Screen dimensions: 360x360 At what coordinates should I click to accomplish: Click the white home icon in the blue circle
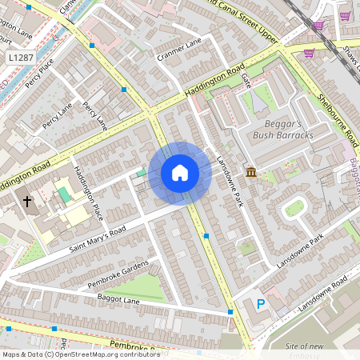[180, 173]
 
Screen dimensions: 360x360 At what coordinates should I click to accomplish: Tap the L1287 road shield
[22, 58]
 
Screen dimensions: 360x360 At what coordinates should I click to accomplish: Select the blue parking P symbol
[260, 304]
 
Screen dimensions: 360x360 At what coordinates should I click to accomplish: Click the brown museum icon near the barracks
[251, 173]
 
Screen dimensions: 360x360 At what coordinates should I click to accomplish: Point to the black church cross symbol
[26, 202]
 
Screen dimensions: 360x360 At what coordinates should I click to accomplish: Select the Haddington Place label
[88, 193]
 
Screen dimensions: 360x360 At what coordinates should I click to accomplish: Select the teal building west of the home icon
[141, 172]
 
